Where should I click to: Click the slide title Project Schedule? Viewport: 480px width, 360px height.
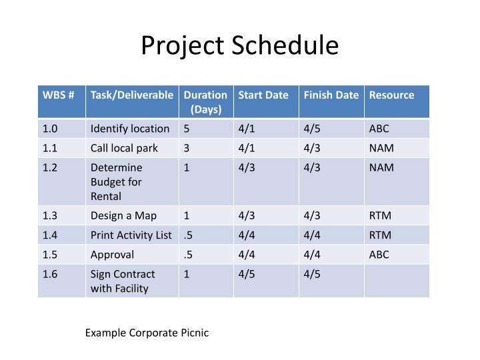[x=240, y=45]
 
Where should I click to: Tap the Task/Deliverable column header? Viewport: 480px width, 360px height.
[x=132, y=95]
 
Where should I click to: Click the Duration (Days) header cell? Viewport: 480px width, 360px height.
[x=206, y=102]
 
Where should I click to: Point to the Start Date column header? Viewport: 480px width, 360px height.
[x=263, y=95]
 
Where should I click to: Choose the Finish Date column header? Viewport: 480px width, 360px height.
[x=331, y=95]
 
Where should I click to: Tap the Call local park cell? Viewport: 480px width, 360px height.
[x=124, y=148]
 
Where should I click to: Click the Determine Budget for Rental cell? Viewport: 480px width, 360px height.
[x=116, y=182]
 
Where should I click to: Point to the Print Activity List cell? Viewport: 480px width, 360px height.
[x=131, y=235]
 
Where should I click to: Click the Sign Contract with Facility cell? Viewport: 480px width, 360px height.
[x=123, y=281]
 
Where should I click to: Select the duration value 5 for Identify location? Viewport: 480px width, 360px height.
[x=187, y=129]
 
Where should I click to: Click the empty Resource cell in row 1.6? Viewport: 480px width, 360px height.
[x=397, y=281]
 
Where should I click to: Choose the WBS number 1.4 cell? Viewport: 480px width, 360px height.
[x=51, y=235]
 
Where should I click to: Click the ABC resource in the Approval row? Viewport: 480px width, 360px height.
[x=379, y=254]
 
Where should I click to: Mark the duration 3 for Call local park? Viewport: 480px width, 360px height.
[x=187, y=148]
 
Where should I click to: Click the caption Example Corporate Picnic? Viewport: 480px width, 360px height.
[x=147, y=333]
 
